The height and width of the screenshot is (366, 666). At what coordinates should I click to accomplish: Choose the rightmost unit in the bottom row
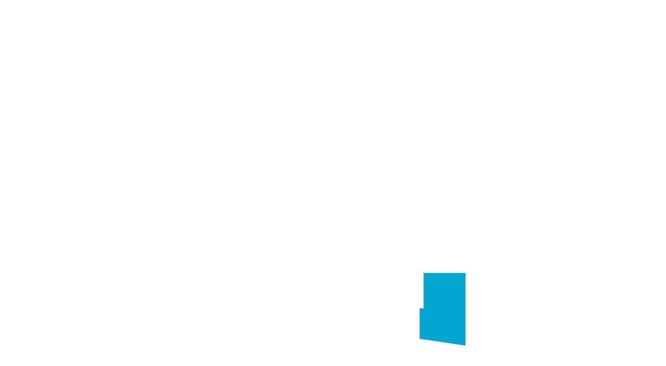tap(637, 300)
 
